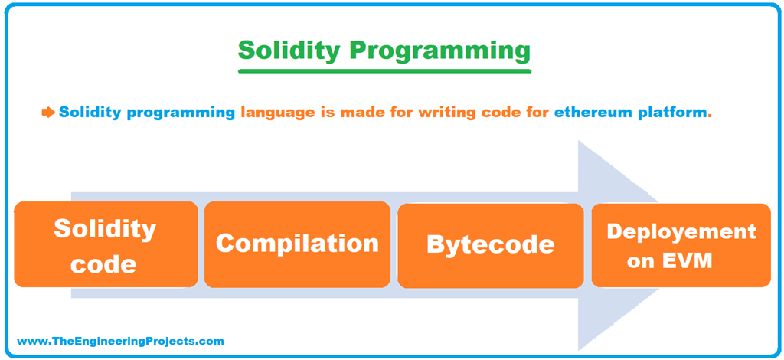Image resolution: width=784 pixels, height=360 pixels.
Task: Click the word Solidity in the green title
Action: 289,51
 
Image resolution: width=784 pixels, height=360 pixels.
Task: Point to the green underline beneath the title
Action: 384,71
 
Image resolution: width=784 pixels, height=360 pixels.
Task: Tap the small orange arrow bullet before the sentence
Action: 48,113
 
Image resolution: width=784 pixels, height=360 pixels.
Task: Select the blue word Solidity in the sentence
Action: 90,113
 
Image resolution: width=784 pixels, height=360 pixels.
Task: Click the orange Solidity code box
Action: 106,244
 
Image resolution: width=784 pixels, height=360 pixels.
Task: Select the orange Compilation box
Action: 297,244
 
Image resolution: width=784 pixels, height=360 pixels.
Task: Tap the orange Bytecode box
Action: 490,245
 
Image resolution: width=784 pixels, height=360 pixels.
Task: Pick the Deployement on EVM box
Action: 681,245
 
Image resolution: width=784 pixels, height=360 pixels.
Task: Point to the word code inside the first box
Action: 105,263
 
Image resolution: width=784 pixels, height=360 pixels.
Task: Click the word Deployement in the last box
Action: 681,231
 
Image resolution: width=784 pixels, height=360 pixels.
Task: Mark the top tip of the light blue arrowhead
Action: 579,142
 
